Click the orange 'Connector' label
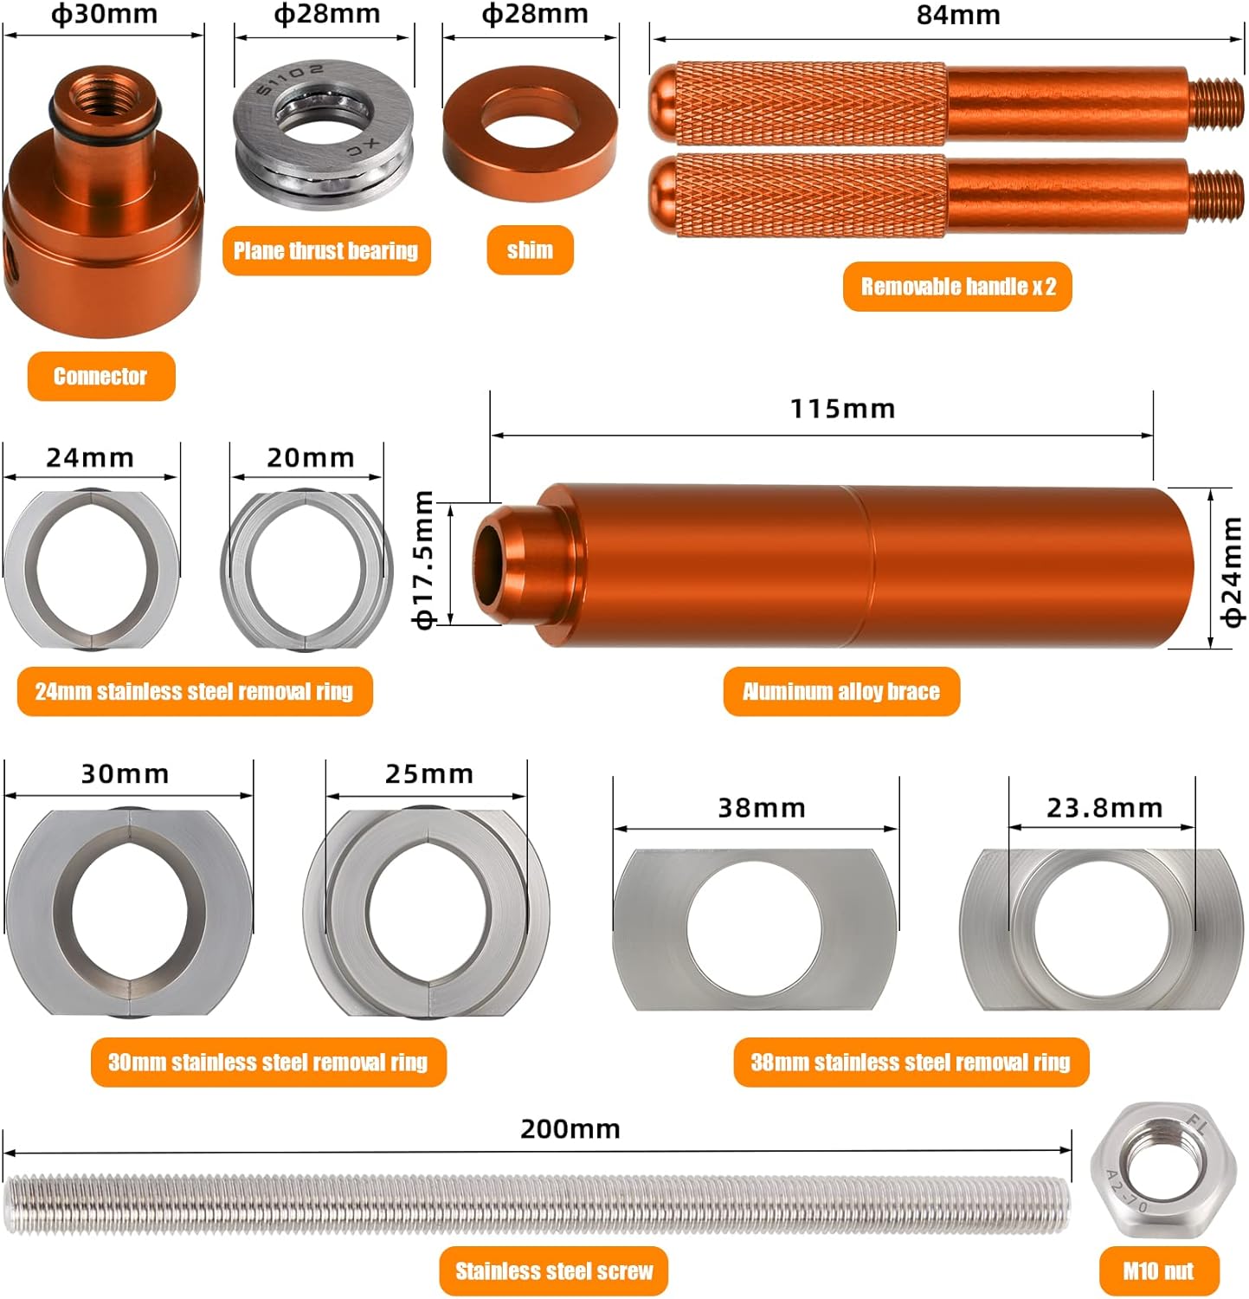tap(100, 376)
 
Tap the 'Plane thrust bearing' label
tap(325, 251)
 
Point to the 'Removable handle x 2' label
tap(957, 287)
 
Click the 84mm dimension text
tap(958, 16)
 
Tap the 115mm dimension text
tap(842, 409)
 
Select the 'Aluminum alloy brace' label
tap(841, 691)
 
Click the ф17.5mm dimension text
tap(423, 559)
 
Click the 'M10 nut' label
tap(1158, 1271)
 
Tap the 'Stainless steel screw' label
tap(554, 1271)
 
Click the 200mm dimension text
tap(570, 1129)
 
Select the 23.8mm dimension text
tap(1104, 808)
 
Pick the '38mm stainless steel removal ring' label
tap(911, 1063)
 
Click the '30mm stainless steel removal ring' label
tap(267, 1063)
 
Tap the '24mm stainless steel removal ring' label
tap(195, 691)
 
